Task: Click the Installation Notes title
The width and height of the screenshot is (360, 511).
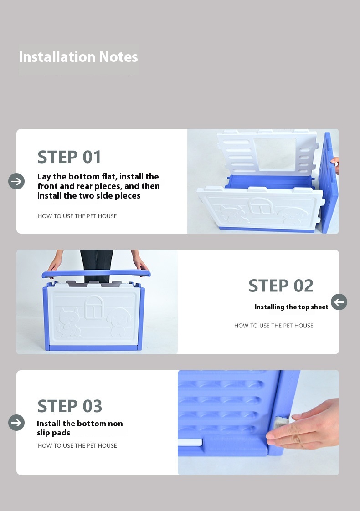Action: click(78, 57)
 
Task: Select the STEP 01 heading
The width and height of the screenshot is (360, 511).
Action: click(69, 157)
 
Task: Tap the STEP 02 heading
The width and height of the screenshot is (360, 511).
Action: click(281, 286)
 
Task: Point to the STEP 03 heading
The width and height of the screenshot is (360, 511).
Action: click(70, 406)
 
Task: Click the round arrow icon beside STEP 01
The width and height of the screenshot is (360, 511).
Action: click(16, 181)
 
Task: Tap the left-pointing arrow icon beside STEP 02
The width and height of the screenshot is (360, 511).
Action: click(339, 302)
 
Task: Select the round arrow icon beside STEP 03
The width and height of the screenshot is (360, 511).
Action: click(16, 423)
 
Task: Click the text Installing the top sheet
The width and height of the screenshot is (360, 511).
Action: click(291, 307)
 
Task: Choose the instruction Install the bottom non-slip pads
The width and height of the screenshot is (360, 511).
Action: click(81, 428)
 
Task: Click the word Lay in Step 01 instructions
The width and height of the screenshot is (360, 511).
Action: click(44, 177)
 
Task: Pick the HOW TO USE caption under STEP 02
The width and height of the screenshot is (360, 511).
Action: click(273, 326)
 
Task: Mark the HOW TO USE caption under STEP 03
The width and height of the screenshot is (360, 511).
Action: click(77, 446)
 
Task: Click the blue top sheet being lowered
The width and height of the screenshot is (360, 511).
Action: click(96, 274)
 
